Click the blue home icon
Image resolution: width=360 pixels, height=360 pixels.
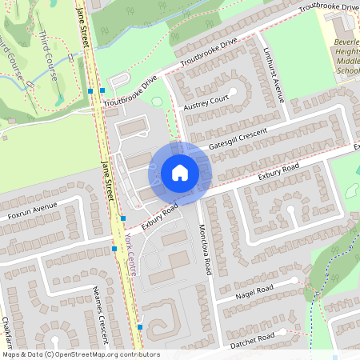tap(180, 173)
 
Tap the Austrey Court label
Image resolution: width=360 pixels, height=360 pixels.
tap(206, 104)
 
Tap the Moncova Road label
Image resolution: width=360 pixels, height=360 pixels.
tap(205, 250)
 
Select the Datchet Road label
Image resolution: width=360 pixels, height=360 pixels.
tap(252, 338)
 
